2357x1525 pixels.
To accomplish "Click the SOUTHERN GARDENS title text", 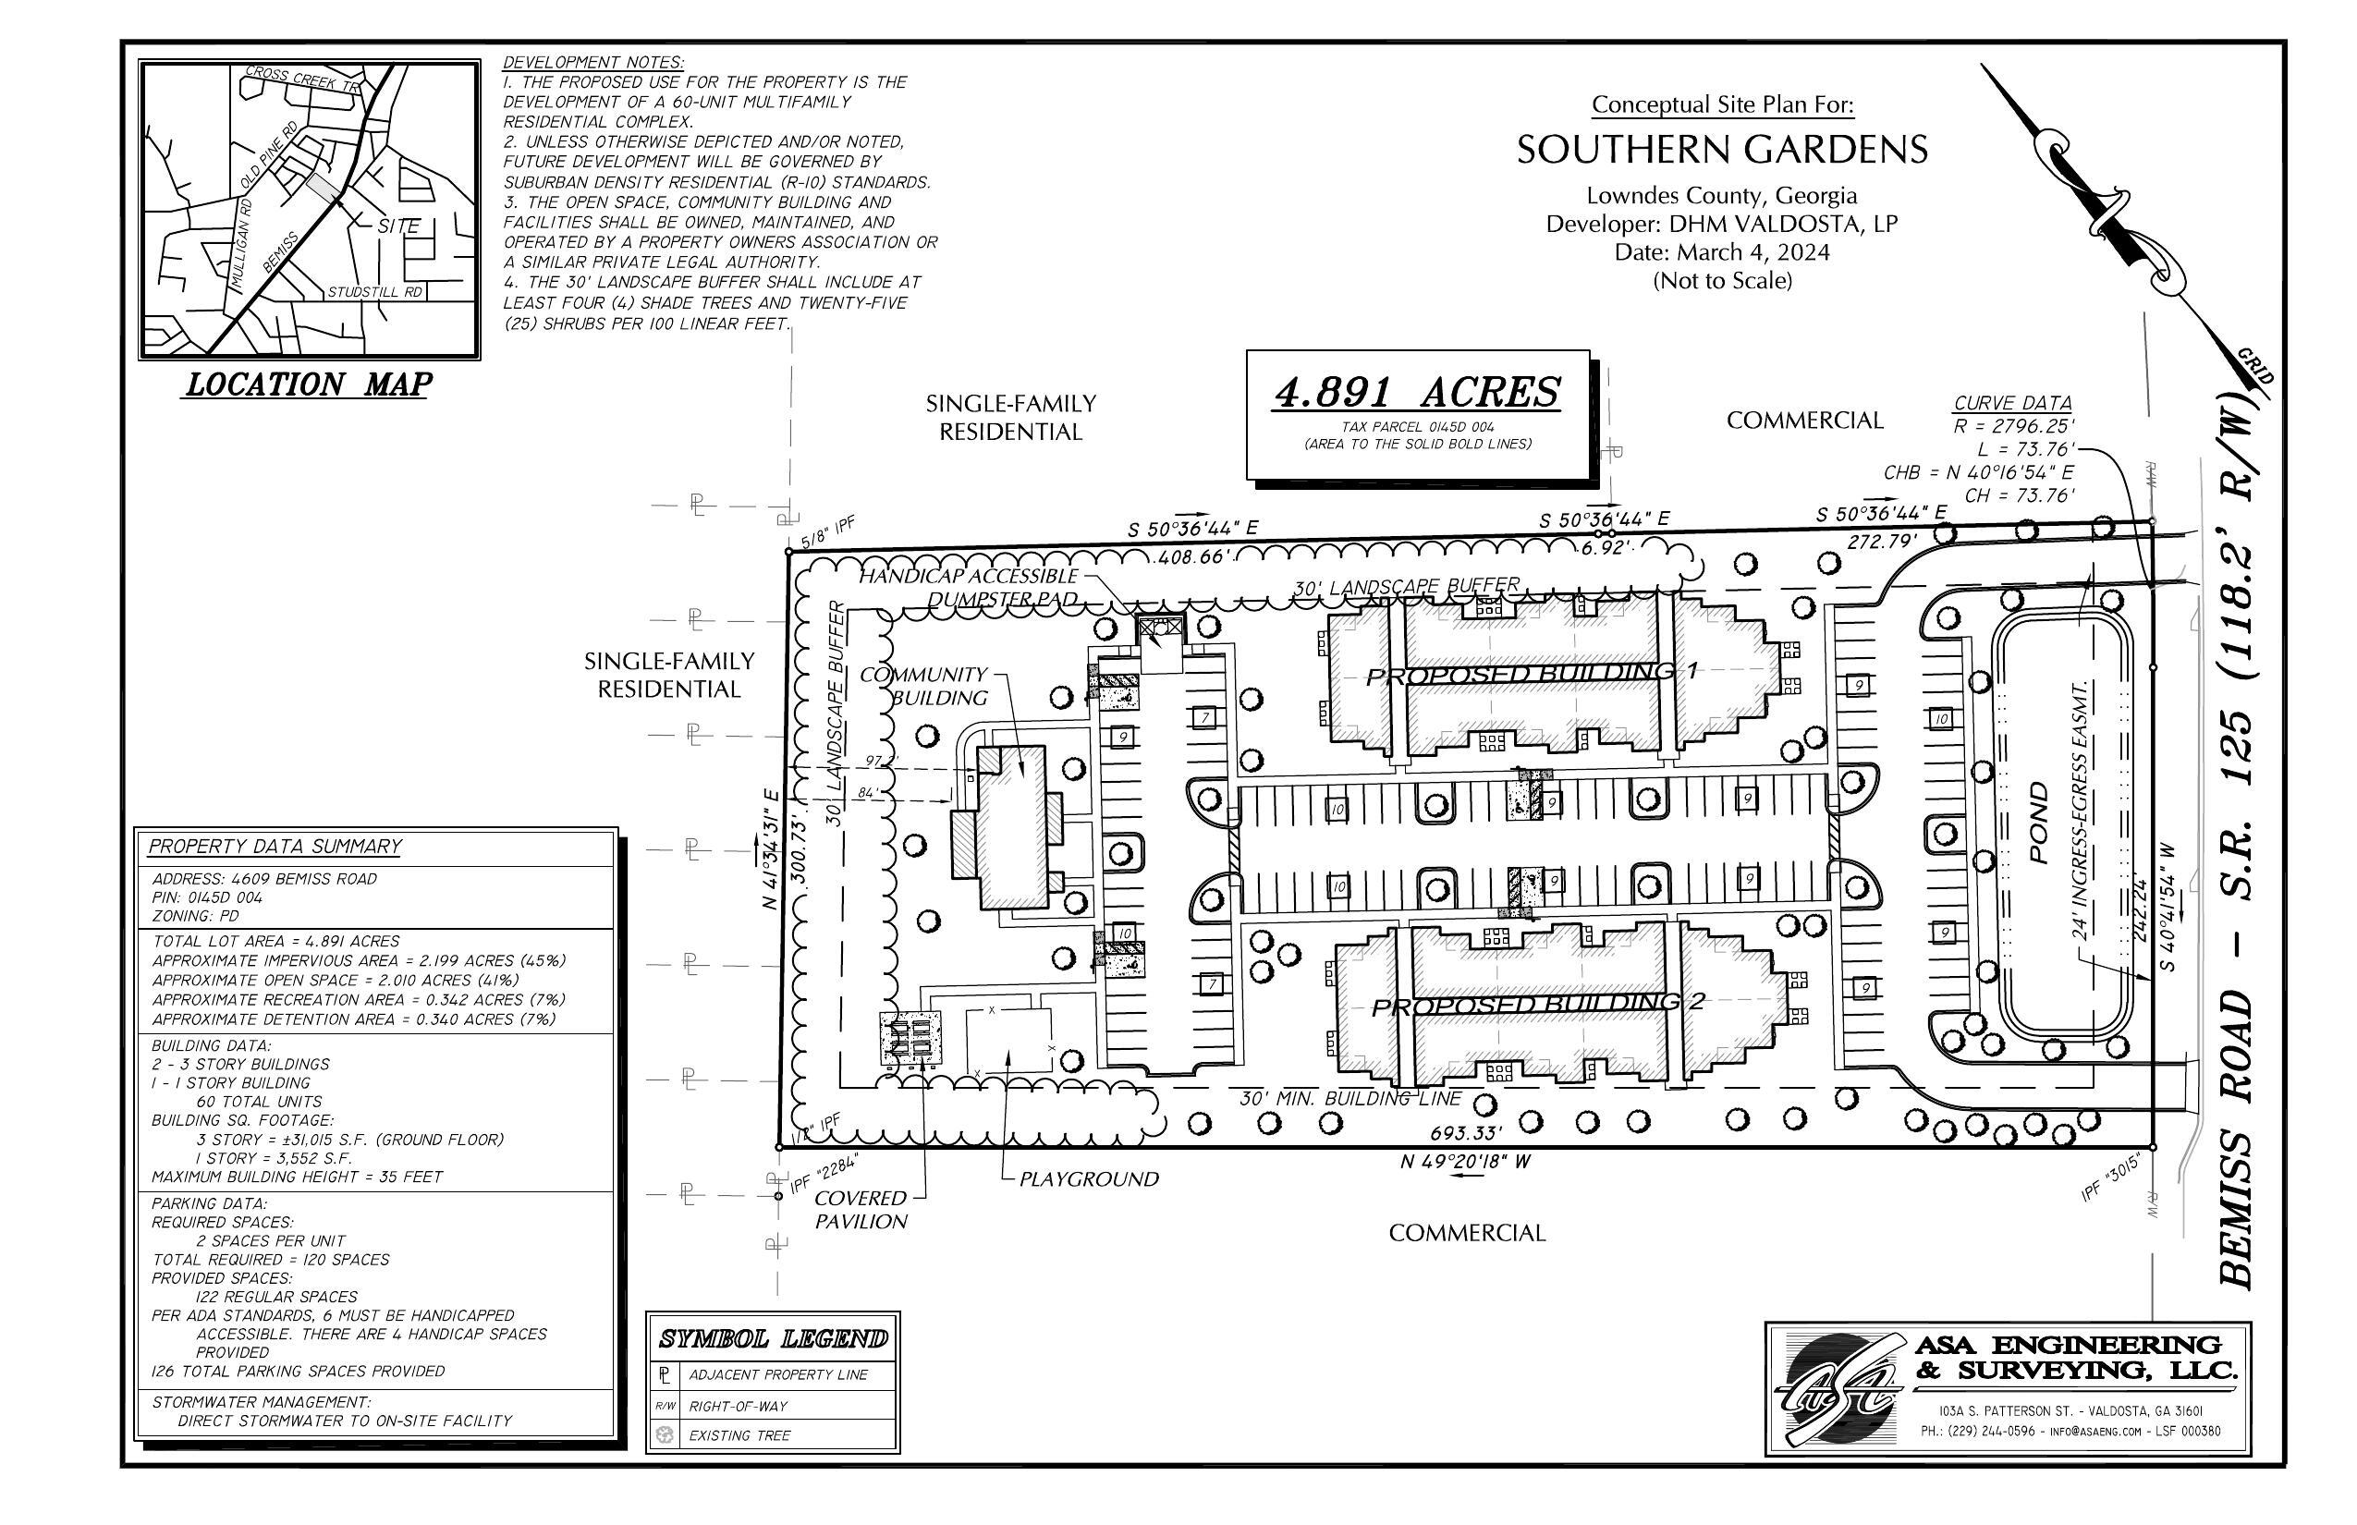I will (1722, 151).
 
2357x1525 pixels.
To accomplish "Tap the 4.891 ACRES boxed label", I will (1416, 393).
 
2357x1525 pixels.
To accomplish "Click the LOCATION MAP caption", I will (308, 384).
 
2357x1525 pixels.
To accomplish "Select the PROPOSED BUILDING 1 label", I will (1531, 675).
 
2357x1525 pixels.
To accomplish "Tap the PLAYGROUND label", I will (1089, 1179).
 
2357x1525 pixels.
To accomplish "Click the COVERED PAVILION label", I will (861, 1210).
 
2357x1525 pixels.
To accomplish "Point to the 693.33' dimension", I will (1466, 1133).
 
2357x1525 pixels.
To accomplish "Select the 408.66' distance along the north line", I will (1193, 557).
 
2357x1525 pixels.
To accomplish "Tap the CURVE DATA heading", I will (2012, 403).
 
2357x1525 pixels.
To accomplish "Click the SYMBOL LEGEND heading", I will (773, 1340).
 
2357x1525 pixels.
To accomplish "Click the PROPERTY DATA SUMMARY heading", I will (275, 847).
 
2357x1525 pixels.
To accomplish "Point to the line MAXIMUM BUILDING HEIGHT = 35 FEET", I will (297, 1177).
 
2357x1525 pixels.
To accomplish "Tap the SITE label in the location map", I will (398, 226).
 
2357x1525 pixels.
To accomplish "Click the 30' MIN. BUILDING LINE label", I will (1349, 1098).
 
